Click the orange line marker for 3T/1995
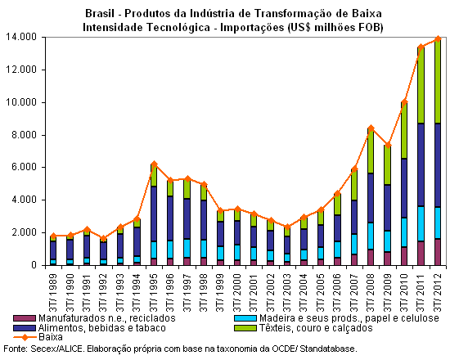[154, 164]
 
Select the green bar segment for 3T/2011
[421, 85]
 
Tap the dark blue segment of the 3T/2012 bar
[438, 165]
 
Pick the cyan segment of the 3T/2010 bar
[404, 232]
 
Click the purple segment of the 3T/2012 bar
[438, 252]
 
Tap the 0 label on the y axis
[34, 265]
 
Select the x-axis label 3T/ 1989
[53, 293]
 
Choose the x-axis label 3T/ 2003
[286, 293]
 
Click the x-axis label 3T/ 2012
[438, 293]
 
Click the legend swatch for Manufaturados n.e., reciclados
[25, 318]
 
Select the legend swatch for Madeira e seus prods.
[245, 318]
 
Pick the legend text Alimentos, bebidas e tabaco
[102, 328]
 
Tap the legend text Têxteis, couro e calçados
[316, 328]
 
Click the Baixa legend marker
[25, 337]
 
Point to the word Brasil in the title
[100, 13]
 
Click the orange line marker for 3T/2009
[388, 146]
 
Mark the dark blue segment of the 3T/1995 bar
[154, 214]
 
